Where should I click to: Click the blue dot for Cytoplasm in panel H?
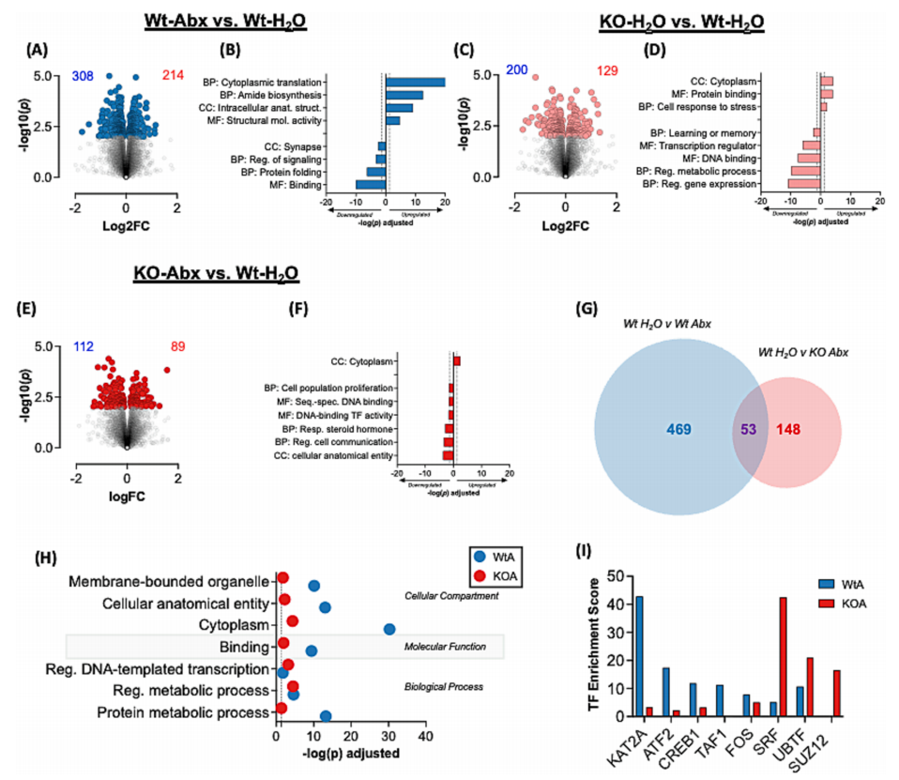389,629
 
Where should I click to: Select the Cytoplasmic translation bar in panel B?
415,82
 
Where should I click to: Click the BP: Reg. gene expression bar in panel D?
788,184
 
